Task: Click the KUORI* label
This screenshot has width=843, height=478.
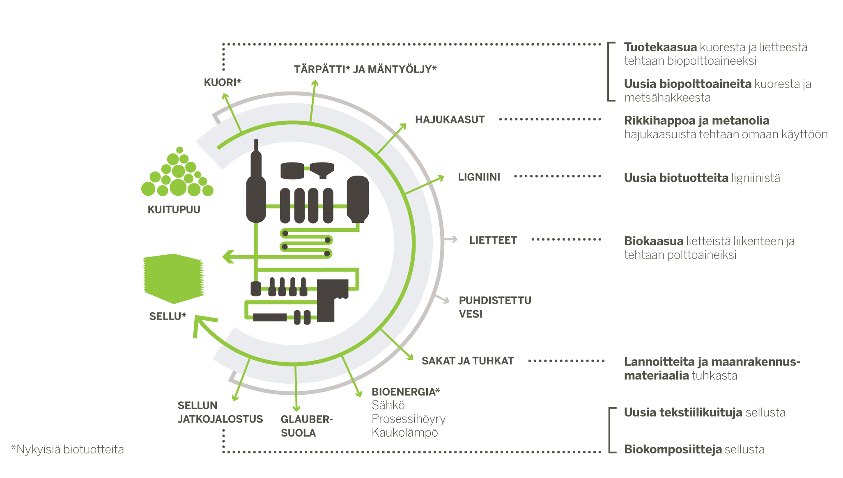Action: click(223, 82)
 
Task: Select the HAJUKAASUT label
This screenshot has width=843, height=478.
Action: click(450, 120)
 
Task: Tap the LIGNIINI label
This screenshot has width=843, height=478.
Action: click(479, 177)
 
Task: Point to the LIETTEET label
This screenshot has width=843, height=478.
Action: click(493, 240)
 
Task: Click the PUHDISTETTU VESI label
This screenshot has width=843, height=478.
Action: click(495, 307)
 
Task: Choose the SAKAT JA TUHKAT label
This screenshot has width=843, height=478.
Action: click(468, 361)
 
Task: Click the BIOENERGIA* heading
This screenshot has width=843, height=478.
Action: click(406, 392)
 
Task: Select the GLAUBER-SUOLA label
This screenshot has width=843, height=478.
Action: click(307, 426)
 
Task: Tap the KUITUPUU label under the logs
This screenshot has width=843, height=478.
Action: click(174, 210)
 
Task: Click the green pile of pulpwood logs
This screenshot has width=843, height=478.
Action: click(177, 172)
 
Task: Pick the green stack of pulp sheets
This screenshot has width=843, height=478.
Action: click(174, 279)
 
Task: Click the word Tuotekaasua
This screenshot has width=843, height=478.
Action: click(660, 48)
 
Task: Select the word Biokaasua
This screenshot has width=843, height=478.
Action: click(654, 241)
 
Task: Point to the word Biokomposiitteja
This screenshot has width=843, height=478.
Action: click(673, 450)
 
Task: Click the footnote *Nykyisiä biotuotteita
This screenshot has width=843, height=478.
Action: click(67, 450)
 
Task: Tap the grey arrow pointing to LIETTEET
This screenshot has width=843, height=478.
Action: click(451, 240)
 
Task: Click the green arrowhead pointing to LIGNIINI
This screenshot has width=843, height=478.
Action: click(441, 178)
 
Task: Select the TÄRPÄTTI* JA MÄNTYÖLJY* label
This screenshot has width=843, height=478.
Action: click(365, 69)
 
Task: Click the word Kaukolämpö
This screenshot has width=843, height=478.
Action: click(405, 433)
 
